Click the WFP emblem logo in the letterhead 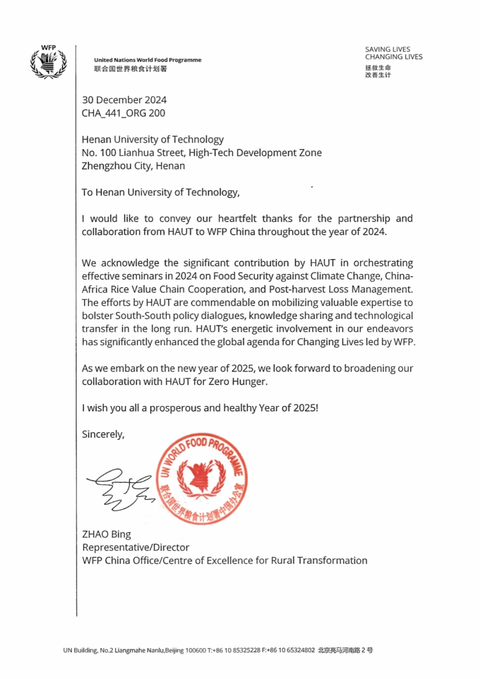(x=48, y=63)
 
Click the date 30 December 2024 (x=124, y=100)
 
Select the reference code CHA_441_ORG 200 (x=123, y=113)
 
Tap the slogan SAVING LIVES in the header (x=387, y=49)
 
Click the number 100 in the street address (x=108, y=153)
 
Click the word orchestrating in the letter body (x=383, y=263)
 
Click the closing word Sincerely (x=103, y=434)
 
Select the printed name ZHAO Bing (x=106, y=534)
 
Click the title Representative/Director (x=136, y=548)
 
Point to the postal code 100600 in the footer (x=195, y=651)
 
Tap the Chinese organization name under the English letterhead (x=130, y=69)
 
